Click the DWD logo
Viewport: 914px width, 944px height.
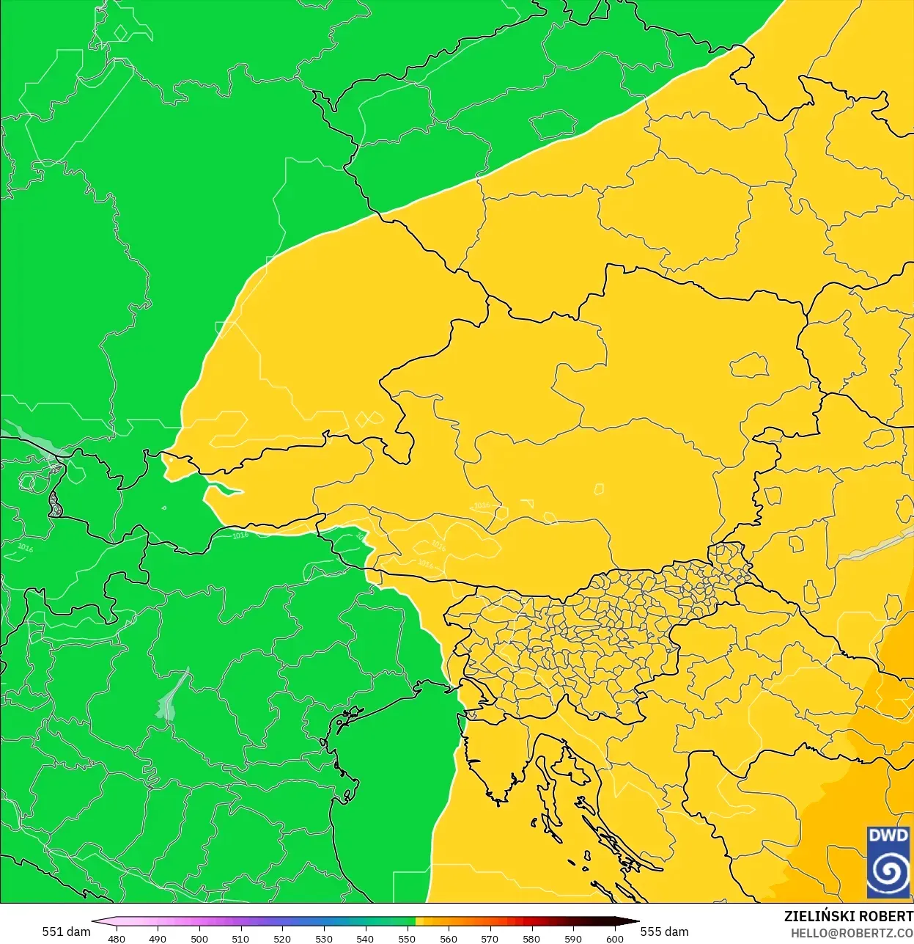888,862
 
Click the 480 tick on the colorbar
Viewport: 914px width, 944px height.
117,938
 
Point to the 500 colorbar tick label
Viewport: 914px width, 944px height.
199,938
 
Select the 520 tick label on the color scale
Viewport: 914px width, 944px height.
282,938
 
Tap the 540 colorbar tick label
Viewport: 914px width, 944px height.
365,938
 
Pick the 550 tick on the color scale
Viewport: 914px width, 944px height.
407,938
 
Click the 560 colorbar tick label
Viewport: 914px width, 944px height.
449,938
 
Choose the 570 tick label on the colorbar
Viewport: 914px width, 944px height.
490,938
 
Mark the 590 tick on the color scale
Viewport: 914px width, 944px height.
573,938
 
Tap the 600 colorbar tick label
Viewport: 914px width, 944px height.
615,938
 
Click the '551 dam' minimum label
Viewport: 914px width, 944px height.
66,932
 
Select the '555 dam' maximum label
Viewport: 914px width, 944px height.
665,932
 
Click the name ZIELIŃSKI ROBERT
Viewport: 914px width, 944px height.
849,916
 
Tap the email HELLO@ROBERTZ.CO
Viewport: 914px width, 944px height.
852,933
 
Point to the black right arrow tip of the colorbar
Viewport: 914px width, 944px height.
636,922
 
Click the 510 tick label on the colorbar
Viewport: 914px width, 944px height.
240,938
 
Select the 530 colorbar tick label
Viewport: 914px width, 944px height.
324,938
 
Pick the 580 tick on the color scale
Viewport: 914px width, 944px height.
531,938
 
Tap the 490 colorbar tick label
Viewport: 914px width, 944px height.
158,938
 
